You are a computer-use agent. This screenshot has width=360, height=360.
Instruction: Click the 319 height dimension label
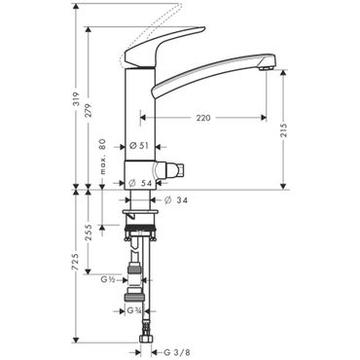pyautogui.click(x=76, y=98)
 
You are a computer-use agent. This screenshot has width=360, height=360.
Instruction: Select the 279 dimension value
pyautogui.click(x=89, y=110)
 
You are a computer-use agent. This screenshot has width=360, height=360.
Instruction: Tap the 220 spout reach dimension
pyautogui.click(x=203, y=118)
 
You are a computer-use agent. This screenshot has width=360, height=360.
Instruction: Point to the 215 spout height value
pyautogui.click(x=284, y=129)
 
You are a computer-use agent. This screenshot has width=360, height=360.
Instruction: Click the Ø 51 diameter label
pyautogui.click(x=139, y=146)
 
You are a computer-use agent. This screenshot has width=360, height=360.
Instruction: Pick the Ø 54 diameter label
pyautogui.click(x=140, y=183)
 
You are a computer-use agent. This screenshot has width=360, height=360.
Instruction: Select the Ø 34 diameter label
pyautogui.click(x=176, y=200)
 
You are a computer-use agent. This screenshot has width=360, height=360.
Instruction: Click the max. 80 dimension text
pyautogui.click(x=103, y=157)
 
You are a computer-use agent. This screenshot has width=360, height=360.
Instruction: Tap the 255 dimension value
pyautogui.click(x=89, y=233)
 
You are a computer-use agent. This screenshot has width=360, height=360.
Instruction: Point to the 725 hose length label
pyautogui.click(x=76, y=262)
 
